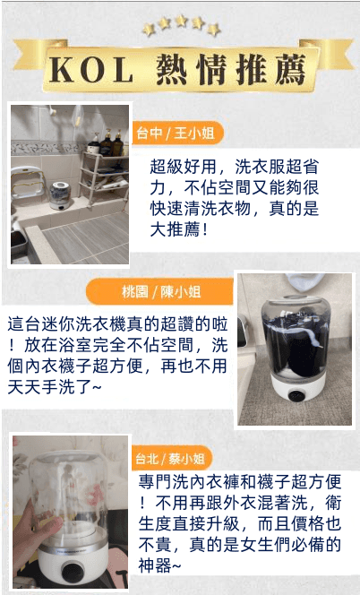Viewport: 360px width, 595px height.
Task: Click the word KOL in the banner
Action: (91, 70)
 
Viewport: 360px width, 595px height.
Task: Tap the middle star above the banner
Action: (181, 21)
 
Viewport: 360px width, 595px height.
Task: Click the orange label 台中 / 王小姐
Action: (177, 134)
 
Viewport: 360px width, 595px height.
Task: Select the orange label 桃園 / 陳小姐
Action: (159, 291)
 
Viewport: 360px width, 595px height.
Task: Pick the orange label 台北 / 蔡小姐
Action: (171, 459)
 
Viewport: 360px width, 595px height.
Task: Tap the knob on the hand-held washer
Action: (73, 572)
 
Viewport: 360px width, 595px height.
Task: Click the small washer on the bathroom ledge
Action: (61, 195)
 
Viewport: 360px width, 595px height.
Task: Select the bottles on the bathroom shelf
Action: (107, 143)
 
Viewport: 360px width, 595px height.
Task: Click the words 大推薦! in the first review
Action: (178, 229)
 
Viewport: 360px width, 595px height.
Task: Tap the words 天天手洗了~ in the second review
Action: (55, 387)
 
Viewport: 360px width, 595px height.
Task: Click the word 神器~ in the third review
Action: (159, 566)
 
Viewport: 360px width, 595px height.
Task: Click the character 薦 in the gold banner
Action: (290, 70)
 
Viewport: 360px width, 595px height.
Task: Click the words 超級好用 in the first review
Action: (184, 167)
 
